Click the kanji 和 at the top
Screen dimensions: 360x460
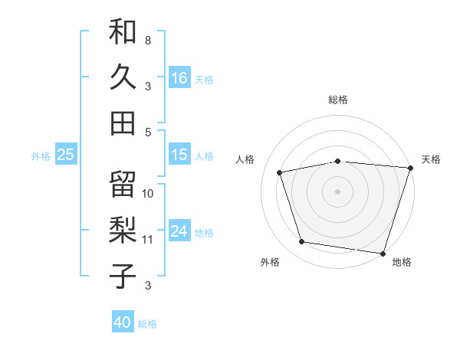pyautogui.click(x=123, y=32)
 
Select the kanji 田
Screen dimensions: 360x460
pyautogui.click(x=123, y=122)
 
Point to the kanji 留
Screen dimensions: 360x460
pyautogui.click(x=123, y=185)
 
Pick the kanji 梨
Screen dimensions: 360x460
pyautogui.click(x=123, y=231)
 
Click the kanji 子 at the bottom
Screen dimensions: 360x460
pyautogui.click(x=123, y=276)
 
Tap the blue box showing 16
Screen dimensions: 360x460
pyautogui.click(x=179, y=77)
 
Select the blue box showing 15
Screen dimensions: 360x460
pyautogui.click(x=179, y=155)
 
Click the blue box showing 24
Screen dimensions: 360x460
pyautogui.click(x=179, y=231)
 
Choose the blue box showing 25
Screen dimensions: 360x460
pyautogui.click(x=66, y=155)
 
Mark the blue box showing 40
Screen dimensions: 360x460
pyautogui.click(x=123, y=322)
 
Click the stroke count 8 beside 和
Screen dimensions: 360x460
pyautogui.click(x=147, y=40)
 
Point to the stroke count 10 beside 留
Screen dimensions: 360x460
pyautogui.click(x=148, y=194)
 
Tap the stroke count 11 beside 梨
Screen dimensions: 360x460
pyautogui.click(x=148, y=240)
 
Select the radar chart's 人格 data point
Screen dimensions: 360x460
pyautogui.click(x=280, y=172)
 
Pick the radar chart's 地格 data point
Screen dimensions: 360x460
pyautogui.click(x=383, y=252)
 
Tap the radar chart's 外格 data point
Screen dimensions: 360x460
pyautogui.click(x=302, y=242)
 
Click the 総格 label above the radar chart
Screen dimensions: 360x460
pyautogui.click(x=338, y=100)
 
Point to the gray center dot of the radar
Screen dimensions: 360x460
pyautogui.click(x=338, y=191)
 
